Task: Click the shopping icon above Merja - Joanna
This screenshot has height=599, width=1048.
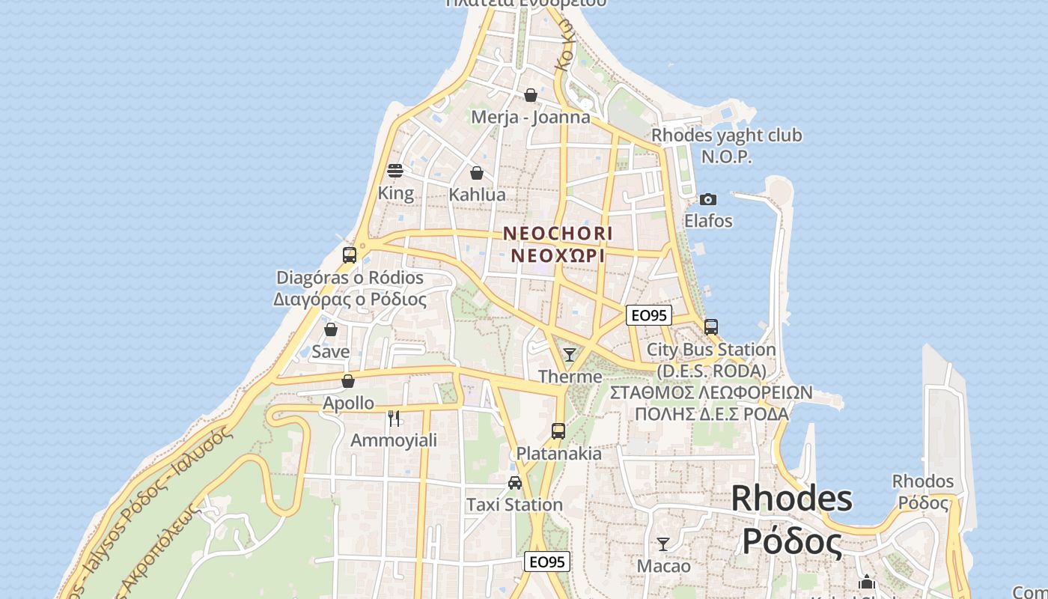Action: (x=530, y=95)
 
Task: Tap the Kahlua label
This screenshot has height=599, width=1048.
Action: (x=477, y=195)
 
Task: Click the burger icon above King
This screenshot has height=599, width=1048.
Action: (x=395, y=171)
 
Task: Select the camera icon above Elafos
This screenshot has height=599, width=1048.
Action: (x=707, y=199)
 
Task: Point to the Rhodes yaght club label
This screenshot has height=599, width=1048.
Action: (x=726, y=136)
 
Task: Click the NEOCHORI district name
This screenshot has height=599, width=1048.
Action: (x=558, y=234)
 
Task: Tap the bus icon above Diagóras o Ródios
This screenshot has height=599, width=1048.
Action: (x=349, y=255)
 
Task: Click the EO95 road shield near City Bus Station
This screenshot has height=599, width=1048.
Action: (x=648, y=315)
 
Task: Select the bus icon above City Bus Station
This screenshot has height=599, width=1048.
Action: (x=710, y=327)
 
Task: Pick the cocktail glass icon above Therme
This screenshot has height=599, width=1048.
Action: (x=570, y=354)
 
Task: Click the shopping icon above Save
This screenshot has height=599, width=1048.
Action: (x=330, y=329)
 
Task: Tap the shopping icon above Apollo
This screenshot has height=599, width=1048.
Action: (x=347, y=381)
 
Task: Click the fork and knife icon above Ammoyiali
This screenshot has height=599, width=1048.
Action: (x=394, y=418)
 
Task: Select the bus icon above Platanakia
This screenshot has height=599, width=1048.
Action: (x=558, y=431)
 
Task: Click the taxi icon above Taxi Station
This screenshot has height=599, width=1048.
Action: (x=514, y=483)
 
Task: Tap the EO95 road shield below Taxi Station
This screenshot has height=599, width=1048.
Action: (x=546, y=562)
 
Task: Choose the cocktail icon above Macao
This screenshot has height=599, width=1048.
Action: (x=662, y=544)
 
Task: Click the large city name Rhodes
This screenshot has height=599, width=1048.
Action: (x=791, y=499)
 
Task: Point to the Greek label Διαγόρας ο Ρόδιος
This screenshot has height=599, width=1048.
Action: (x=350, y=300)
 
